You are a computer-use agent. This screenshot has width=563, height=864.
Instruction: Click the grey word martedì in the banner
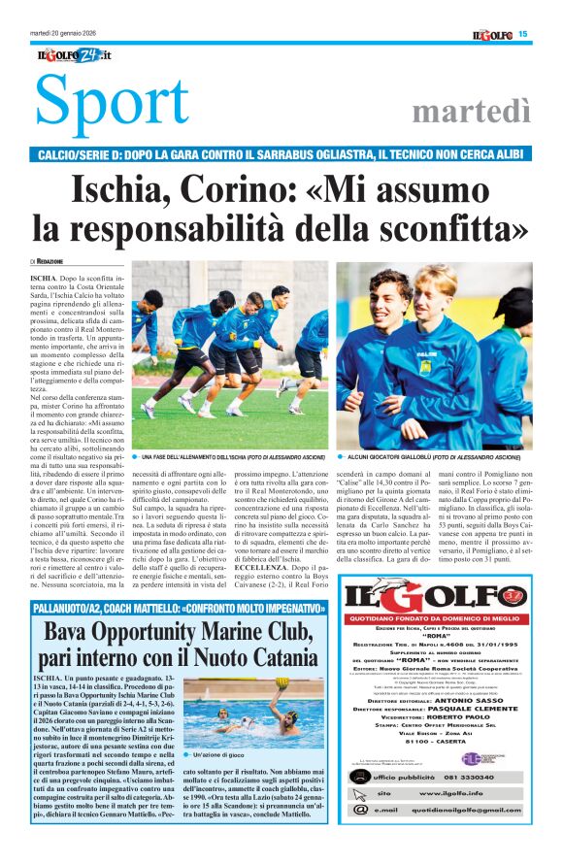470,113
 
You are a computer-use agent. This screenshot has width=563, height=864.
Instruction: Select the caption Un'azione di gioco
222,755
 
